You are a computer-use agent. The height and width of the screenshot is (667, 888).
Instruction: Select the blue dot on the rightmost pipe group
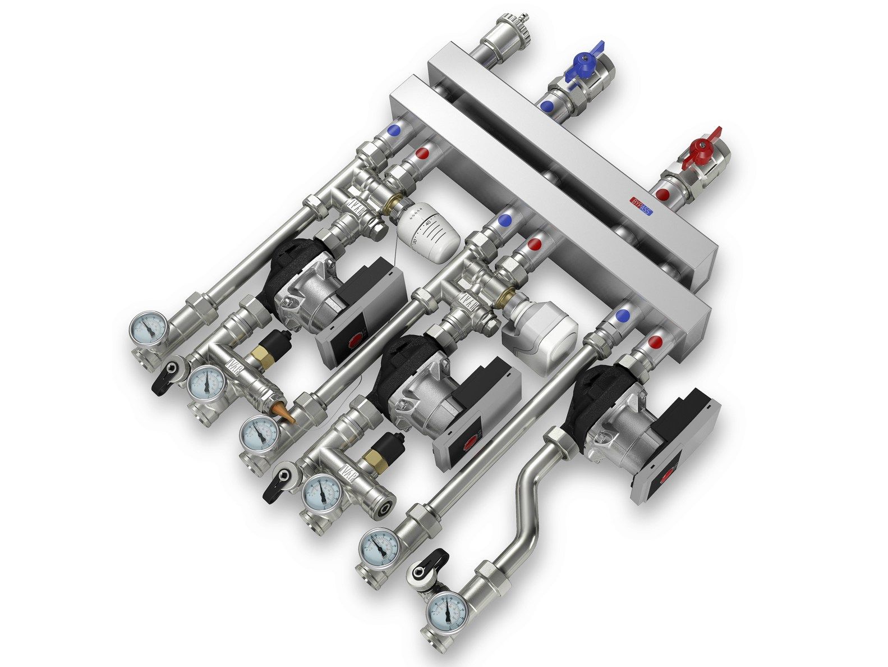point(622,316)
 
